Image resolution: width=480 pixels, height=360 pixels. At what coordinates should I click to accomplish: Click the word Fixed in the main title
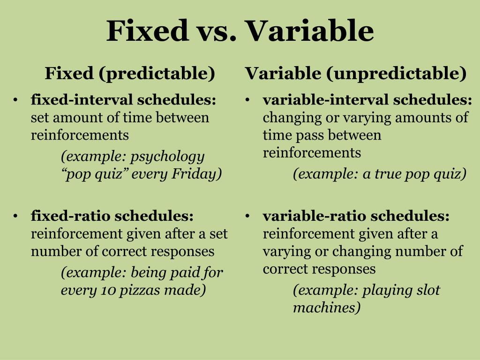point(147,30)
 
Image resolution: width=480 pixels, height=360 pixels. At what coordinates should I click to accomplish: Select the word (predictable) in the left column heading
point(157,74)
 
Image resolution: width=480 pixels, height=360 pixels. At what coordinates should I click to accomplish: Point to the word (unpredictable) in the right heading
point(397,74)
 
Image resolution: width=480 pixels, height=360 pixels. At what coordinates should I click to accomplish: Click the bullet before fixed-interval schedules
point(15,100)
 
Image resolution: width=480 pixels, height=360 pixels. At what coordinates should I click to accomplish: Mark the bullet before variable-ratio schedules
point(247,217)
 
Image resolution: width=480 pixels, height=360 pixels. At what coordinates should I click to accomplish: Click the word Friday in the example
point(196,174)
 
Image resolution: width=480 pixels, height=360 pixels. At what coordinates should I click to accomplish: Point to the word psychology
point(167,157)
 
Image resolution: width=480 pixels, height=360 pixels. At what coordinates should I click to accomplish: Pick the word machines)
point(327,307)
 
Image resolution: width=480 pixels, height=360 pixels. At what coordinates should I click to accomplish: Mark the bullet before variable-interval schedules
point(247,100)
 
